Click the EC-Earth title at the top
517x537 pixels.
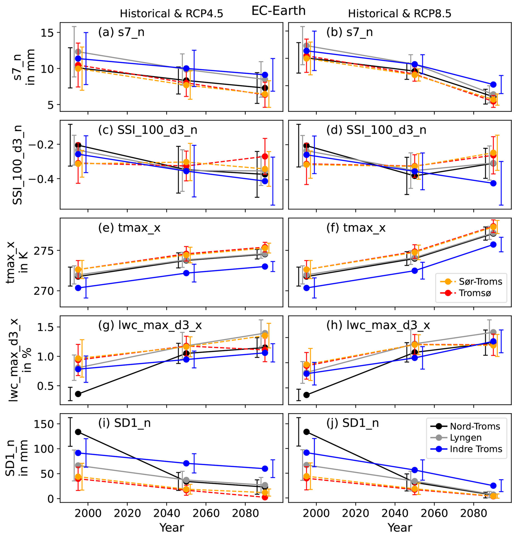pos(278,11)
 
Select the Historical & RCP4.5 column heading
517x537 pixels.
pos(171,14)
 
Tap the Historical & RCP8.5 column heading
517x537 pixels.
pos(399,14)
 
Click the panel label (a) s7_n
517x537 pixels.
pos(121,32)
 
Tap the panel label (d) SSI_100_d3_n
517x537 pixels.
pos(376,130)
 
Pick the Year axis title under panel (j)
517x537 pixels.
pos(399,528)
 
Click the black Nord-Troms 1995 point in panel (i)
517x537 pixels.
pos(78,432)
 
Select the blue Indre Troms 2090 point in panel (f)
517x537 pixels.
pos(493,244)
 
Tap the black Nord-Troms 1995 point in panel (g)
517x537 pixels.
pos(78,394)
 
